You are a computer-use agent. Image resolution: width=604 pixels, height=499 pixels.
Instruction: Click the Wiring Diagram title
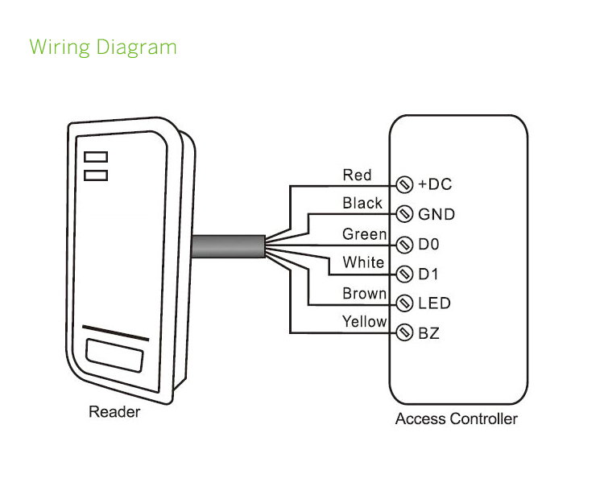(x=103, y=47)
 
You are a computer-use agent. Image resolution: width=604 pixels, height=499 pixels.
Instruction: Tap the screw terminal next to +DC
(x=406, y=184)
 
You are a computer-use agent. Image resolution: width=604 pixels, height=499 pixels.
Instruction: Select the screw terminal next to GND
(x=406, y=214)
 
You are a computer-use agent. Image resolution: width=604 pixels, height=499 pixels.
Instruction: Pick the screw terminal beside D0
(x=406, y=244)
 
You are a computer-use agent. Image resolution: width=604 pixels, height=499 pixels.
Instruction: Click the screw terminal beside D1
(x=406, y=274)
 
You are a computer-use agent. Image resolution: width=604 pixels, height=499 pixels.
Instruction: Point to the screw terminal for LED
(x=406, y=303)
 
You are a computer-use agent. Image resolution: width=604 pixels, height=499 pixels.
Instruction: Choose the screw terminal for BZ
(x=406, y=332)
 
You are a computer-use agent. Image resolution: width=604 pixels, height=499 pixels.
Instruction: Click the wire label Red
(x=357, y=175)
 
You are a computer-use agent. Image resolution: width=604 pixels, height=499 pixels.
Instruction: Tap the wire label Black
(x=362, y=203)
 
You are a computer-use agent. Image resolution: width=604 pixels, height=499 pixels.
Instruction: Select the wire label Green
(x=365, y=233)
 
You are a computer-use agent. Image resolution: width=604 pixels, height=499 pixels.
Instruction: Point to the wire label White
(x=363, y=262)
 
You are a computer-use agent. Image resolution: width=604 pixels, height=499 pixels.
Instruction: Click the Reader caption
(x=114, y=412)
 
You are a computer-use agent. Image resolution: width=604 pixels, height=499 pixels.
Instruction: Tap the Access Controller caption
(x=457, y=419)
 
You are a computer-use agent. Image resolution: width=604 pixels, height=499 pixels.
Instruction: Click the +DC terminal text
(x=435, y=184)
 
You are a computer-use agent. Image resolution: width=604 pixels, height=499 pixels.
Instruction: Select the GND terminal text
(x=436, y=214)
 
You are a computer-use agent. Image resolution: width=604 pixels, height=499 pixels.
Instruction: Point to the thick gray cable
(x=228, y=245)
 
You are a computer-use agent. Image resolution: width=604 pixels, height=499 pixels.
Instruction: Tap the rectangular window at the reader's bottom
(x=115, y=354)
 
